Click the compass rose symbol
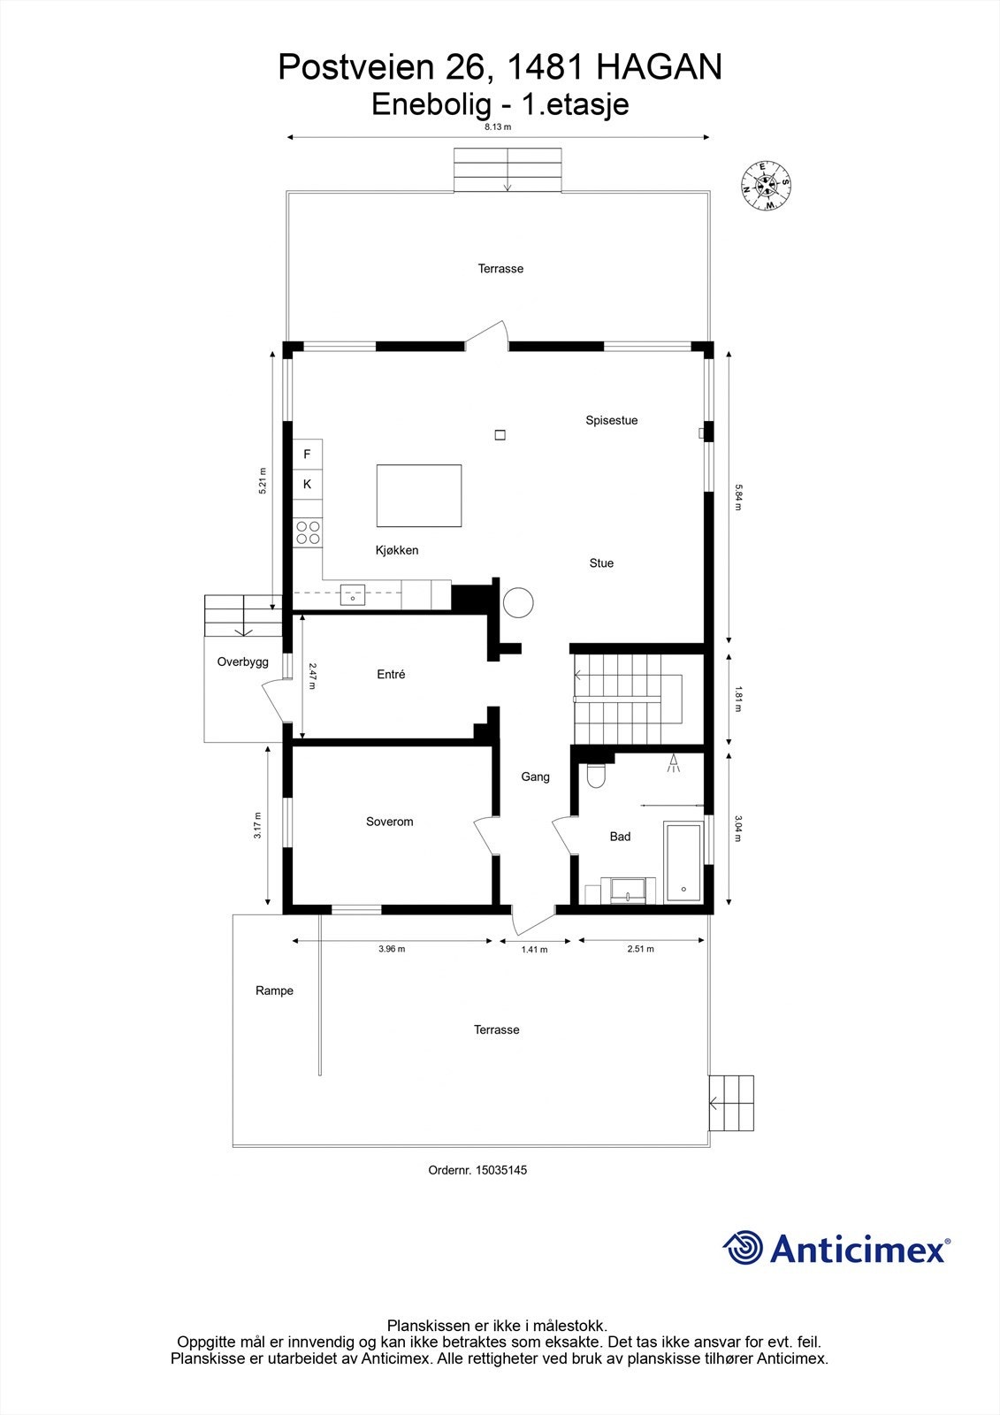tap(766, 186)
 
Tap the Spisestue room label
tap(611, 420)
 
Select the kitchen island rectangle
tap(419, 495)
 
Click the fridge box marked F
tap(308, 455)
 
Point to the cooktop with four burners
tap(308, 532)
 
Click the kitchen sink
tap(353, 594)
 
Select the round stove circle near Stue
tap(518, 602)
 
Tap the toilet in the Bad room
tap(596, 775)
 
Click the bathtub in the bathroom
tap(683, 862)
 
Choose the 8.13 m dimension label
tap(498, 126)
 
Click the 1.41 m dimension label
tap(534, 950)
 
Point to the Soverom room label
tap(389, 822)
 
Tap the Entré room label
tap(391, 674)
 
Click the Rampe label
tap(274, 990)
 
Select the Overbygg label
tap(242, 662)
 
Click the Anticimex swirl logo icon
tap(743, 1248)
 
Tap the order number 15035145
tap(500, 1169)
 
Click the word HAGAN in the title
tap(660, 67)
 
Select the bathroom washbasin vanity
tap(628, 890)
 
